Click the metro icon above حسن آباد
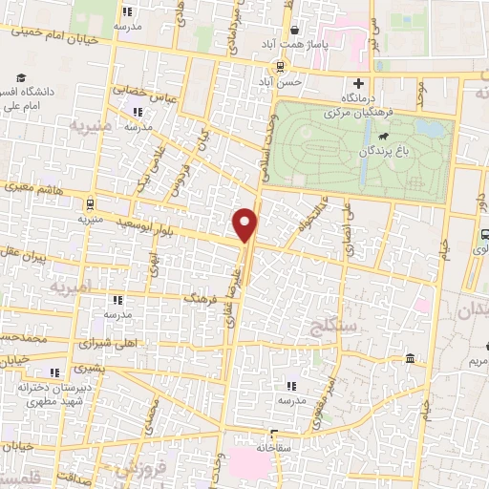279,66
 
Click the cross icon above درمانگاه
359,83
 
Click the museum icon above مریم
410,358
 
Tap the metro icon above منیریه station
89,202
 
